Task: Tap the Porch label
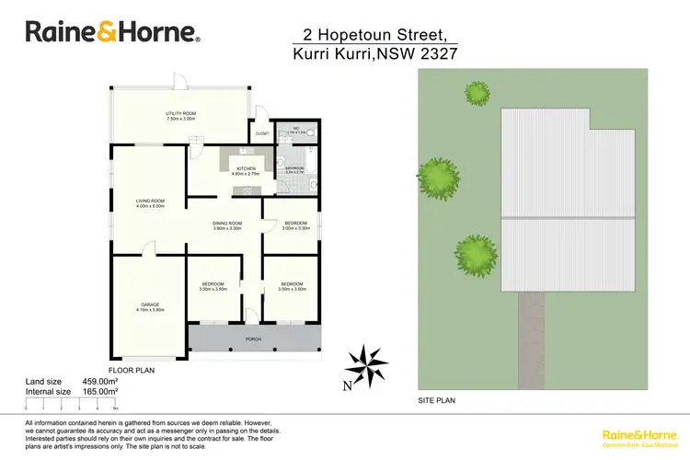point(253,339)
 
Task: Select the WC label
point(296,128)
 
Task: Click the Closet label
point(262,132)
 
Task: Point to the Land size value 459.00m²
point(102,381)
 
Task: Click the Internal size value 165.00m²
point(102,392)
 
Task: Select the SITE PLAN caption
point(437,400)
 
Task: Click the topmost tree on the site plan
point(477,92)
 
